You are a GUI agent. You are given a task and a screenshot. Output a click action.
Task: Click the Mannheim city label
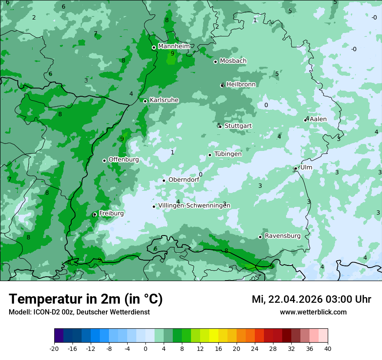(x=174, y=46)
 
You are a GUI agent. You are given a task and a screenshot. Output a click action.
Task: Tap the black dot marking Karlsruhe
(x=145, y=101)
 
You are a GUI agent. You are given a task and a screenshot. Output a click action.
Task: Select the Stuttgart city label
(x=238, y=126)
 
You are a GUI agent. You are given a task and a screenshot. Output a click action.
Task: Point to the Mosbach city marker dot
(x=215, y=62)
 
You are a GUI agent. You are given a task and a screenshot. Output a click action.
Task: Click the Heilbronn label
(x=241, y=84)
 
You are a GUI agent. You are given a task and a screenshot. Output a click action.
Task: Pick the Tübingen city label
(x=228, y=154)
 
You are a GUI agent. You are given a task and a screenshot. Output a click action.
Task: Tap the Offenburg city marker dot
(x=104, y=160)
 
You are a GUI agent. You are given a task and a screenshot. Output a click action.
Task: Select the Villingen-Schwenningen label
(x=194, y=206)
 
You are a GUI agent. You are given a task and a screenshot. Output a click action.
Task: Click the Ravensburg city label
(x=283, y=236)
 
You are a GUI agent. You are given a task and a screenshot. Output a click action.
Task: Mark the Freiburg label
(x=111, y=213)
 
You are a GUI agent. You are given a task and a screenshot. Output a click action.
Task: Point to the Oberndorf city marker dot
(x=164, y=180)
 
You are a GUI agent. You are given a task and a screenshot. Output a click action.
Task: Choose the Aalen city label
(x=318, y=119)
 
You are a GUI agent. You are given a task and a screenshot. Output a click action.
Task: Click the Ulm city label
(x=306, y=167)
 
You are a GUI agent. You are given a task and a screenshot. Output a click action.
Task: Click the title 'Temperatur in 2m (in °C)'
(x=86, y=299)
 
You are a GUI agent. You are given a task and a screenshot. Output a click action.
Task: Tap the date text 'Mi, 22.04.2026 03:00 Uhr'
(x=311, y=299)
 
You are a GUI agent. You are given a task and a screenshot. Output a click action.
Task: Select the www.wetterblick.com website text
(x=313, y=312)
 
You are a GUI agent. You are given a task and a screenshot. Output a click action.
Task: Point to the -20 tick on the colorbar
(x=54, y=348)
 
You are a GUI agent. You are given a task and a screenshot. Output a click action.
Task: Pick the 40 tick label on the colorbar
(x=328, y=348)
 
